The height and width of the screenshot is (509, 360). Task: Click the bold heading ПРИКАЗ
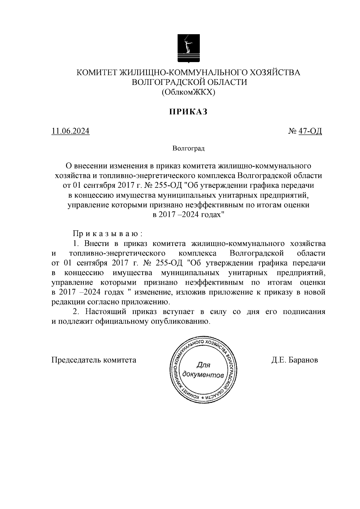click(188, 112)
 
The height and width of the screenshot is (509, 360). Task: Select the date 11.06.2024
click(70, 131)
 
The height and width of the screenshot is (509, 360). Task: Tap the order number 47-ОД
click(310, 131)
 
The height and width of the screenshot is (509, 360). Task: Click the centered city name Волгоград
click(188, 148)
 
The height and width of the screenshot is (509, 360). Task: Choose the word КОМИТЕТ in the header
click(97, 73)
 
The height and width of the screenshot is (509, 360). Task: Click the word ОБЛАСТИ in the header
click(226, 82)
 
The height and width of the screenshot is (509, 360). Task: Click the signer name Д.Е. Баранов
click(295, 360)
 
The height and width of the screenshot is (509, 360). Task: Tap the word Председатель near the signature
click(76, 360)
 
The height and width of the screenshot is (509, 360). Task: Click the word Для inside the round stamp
click(203, 365)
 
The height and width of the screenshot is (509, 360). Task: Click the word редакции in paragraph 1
click(65, 302)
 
